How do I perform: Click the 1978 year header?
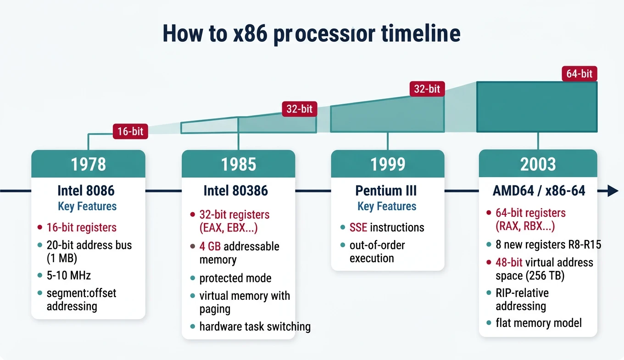click(88, 164)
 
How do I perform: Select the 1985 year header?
click(238, 164)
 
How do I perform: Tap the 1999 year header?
click(388, 164)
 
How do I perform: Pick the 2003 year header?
click(538, 164)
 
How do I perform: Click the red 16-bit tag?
click(130, 131)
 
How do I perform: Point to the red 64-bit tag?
click(579, 73)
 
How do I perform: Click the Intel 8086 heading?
click(86, 190)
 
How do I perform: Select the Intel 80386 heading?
click(235, 190)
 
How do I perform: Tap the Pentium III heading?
click(386, 190)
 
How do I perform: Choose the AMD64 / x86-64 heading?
click(539, 190)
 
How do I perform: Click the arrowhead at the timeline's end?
click(613, 191)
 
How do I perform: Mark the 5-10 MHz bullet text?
click(68, 276)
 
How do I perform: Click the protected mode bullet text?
click(235, 278)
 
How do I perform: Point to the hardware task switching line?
click(255, 326)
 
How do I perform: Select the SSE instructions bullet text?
click(386, 227)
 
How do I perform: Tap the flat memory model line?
click(538, 323)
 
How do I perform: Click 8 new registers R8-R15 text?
click(548, 245)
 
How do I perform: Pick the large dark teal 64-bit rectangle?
click(537, 107)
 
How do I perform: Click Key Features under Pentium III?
click(386, 206)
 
